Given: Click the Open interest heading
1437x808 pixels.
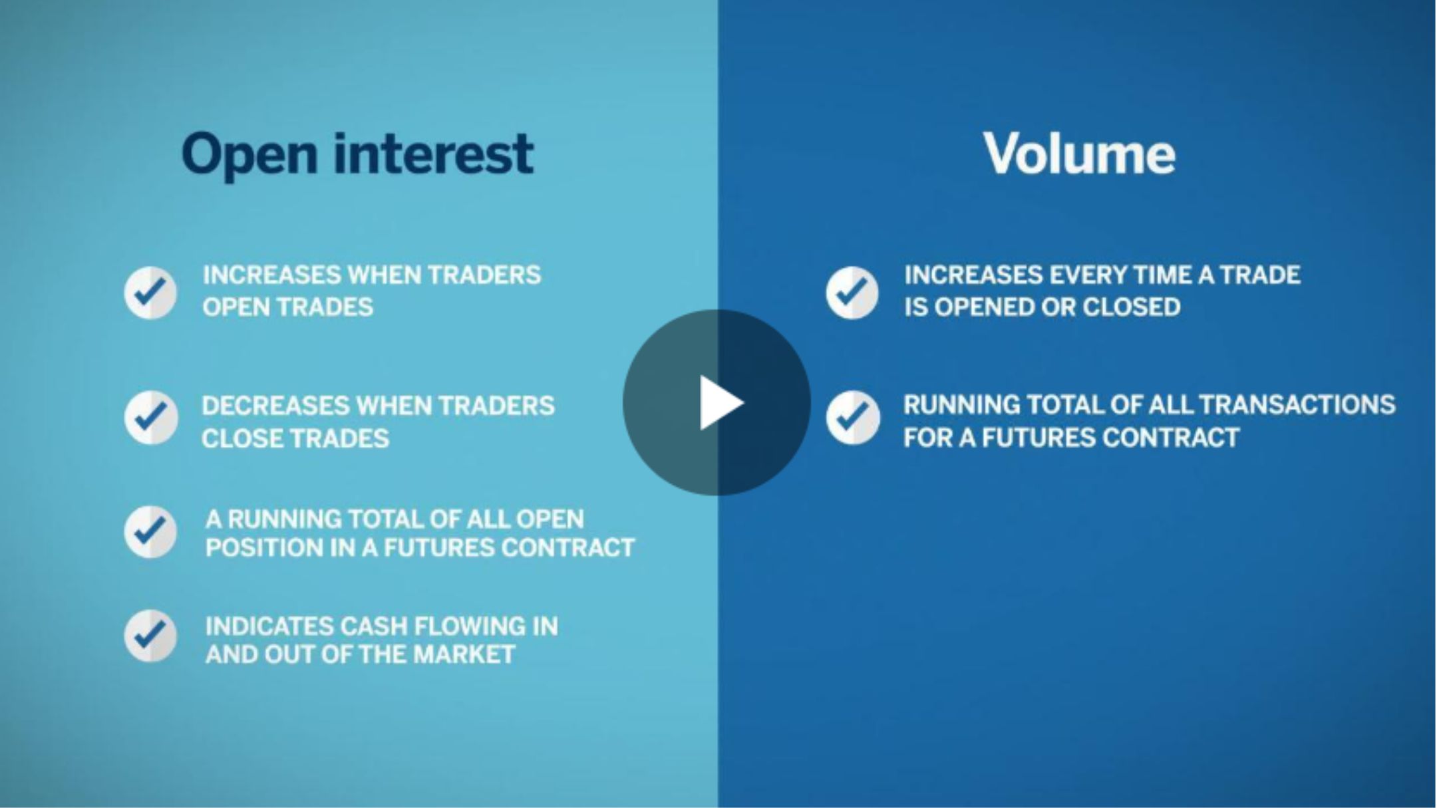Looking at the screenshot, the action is click(357, 155).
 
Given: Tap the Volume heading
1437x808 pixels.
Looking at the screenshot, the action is click(1079, 154).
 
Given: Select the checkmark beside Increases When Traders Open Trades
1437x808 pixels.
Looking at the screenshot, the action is click(150, 293).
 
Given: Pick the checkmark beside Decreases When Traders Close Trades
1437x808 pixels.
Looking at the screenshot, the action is click(151, 418).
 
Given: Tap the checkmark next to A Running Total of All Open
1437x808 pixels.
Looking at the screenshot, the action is click(150, 532).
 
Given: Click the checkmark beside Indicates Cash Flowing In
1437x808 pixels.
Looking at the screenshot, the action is click(150, 636).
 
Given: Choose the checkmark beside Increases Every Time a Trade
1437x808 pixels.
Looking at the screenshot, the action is click(852, 293).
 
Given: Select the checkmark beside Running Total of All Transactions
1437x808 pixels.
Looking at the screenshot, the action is click(853, 418).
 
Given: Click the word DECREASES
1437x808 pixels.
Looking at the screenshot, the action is click(275, 406).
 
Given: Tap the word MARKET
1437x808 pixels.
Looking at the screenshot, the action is click(464, 654).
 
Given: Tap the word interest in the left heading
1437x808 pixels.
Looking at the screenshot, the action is click(433, 154).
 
